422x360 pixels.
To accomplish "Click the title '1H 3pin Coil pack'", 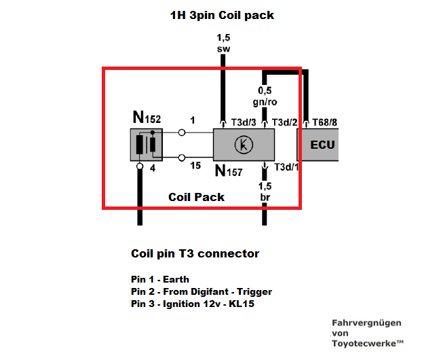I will (x=222, y=14).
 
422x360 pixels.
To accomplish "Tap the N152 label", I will (x=147, y=119).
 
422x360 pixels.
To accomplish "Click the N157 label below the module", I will (x=228, y=171).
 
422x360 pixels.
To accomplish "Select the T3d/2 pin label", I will (x=284, y=122).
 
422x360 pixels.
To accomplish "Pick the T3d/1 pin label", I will (x=285, y=167).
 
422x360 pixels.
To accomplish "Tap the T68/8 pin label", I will (x=324, y=122).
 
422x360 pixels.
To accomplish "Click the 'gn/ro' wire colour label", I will (x=265, y=102).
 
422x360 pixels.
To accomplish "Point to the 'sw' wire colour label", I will (x=222, y=50).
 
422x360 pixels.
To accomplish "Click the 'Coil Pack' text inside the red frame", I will (x=196, y=197).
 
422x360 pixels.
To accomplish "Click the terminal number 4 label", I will (x=152, y=168).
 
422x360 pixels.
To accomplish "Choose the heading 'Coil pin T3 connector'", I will (x=195, y=254).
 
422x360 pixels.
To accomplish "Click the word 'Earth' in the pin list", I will (x=176, y=279).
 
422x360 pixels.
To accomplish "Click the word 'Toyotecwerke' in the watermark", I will (x=366, y=344).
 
